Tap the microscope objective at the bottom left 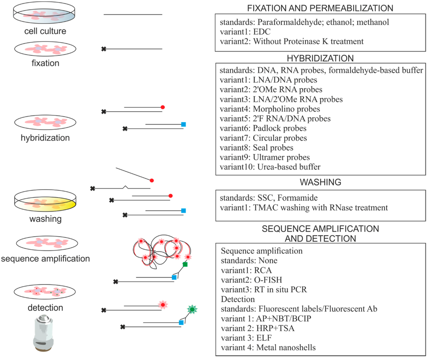click(x=46, y=333)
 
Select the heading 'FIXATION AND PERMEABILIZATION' click(x=320, y=8)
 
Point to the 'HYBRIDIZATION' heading click(x=320, y=58)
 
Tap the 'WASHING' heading click(x=320, y=183)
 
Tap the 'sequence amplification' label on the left click(x=45, y=258)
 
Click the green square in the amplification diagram click(x=185, y=265)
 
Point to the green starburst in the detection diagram click(x=192, y=310)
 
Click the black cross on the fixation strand click(x=103, y=49)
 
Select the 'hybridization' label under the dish click(x=46, y=138)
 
